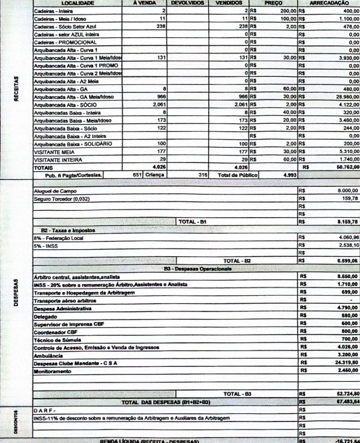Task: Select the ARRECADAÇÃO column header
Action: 330,3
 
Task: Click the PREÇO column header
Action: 273,3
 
